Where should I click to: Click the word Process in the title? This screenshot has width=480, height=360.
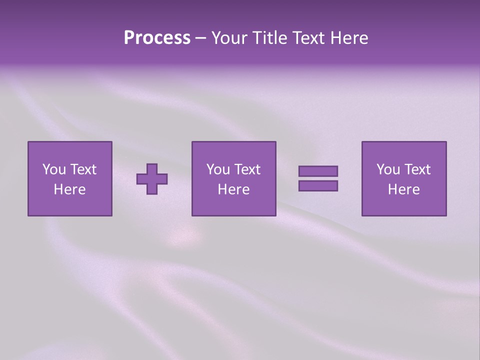157,38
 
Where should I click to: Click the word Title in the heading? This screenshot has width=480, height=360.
269,38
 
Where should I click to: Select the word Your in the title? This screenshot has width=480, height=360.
228,38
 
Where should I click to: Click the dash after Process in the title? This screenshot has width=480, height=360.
200,38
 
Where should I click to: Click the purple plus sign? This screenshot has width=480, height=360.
152,179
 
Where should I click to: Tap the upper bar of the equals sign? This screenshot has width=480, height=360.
318,171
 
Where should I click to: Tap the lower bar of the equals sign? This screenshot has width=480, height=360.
318,186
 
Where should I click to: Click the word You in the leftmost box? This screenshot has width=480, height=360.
54,169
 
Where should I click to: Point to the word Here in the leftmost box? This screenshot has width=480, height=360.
70,189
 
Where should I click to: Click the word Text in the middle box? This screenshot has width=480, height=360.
247,169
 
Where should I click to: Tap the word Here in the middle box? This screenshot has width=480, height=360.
233,189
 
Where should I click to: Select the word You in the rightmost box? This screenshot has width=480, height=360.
388,169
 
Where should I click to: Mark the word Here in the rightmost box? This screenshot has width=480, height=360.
403,189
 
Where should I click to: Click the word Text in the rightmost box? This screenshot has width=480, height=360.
417,169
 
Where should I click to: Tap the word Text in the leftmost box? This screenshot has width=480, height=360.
83,169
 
